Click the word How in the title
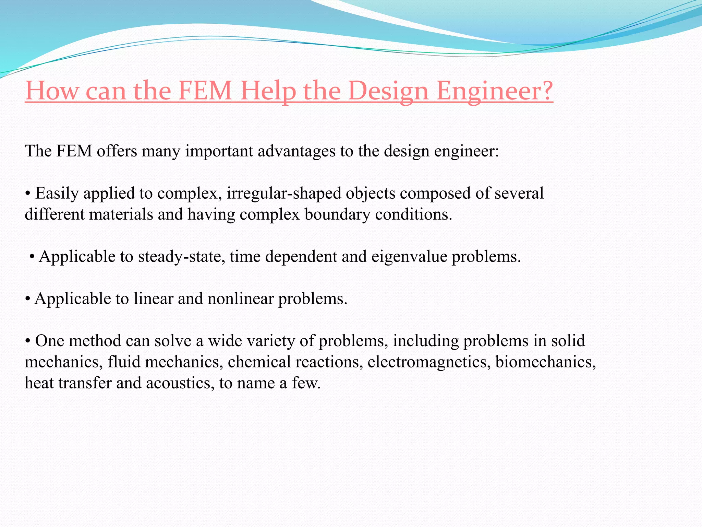click(52, 91)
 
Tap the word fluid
click(124, 362)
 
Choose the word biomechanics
click(545, 362)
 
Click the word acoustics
click(178, 383)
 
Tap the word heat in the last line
click(39, 383)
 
